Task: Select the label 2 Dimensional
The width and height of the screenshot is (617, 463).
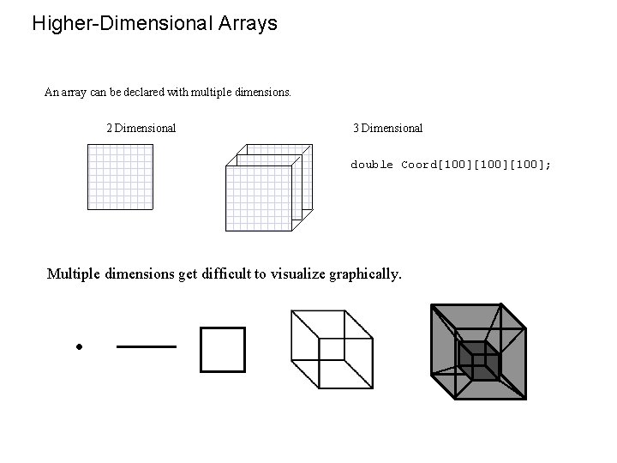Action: pos(141,129)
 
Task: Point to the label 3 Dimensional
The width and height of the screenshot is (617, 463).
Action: pos(387,129)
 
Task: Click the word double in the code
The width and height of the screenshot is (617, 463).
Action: pos(372,165)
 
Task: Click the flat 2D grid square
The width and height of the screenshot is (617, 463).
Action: pos(120,177)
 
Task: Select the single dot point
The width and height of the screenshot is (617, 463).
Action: pos(77,347)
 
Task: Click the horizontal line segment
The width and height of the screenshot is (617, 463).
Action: pos(146,346)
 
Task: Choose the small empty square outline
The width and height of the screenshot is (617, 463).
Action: pos(222,350)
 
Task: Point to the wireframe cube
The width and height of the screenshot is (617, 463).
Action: pos(330,350)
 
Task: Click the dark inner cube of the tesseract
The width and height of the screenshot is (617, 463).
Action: pos(477,360)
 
